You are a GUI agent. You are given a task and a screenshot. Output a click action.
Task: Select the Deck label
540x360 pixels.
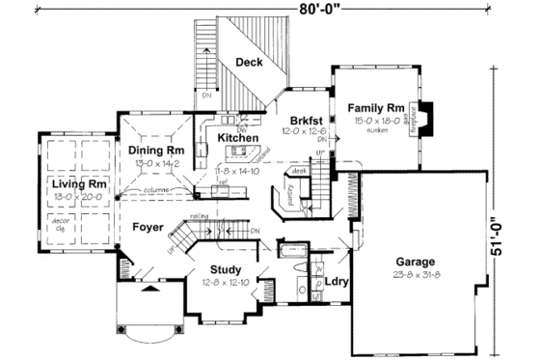250,63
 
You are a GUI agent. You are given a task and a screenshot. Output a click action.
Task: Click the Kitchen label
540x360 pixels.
236,138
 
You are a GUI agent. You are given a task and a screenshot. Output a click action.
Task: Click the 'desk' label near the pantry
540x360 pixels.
299,170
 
